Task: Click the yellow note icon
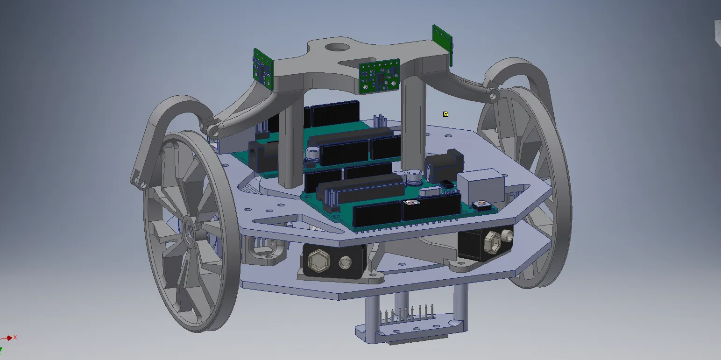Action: point(445,114)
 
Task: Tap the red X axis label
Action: point(15,337)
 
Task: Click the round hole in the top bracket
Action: point(337,48)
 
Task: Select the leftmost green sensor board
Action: point(263,69)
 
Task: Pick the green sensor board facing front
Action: point(379,76)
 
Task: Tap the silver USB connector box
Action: point(481,186)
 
